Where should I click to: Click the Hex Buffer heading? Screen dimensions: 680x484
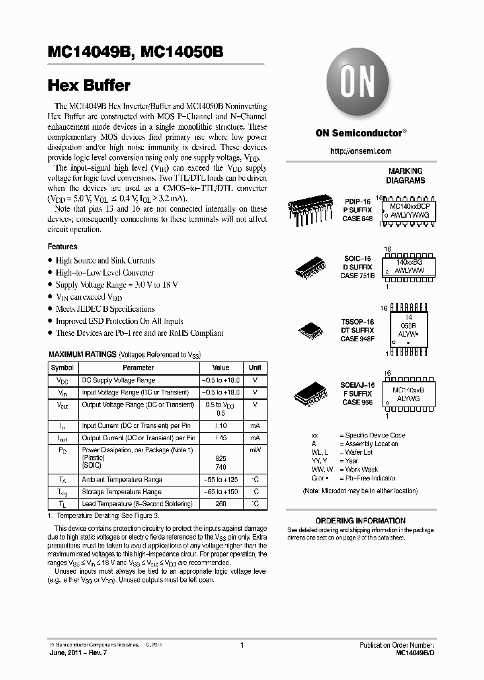pos(90,85)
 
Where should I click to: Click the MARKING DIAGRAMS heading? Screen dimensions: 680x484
pos(405,176)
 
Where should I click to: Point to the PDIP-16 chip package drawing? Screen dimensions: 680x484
pos(309,208)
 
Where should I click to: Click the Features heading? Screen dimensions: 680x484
pos(63,247)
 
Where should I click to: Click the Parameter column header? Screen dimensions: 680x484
pos(138,368)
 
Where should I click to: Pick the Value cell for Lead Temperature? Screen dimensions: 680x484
pos(220,504)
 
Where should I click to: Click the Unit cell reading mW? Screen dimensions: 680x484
pos(255,449)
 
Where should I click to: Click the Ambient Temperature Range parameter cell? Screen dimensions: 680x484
pos(122,480)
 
